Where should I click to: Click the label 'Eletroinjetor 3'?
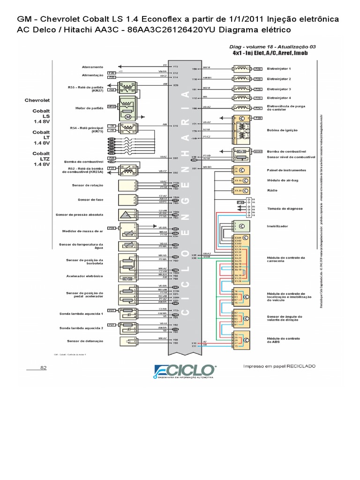pos(279,89)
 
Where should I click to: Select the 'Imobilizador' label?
pos(277,226)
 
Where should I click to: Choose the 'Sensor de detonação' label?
pos(86,341)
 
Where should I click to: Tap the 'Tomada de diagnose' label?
pos(285,209)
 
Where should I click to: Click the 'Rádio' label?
pos(272,190)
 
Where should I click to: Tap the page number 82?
pos(44,367)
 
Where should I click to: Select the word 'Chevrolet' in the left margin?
pos(37,100)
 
